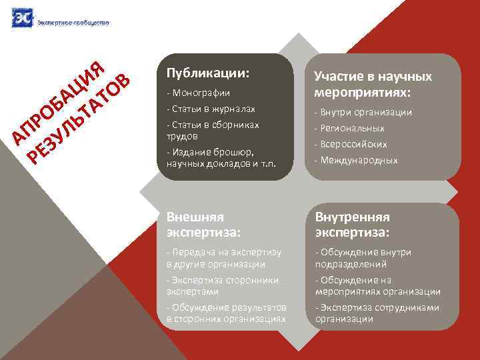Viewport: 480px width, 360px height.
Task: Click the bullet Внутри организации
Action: pos(363,113)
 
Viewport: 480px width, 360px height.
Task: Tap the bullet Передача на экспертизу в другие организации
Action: pos(223,258)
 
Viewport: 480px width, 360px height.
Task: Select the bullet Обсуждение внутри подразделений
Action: pos(363,258)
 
